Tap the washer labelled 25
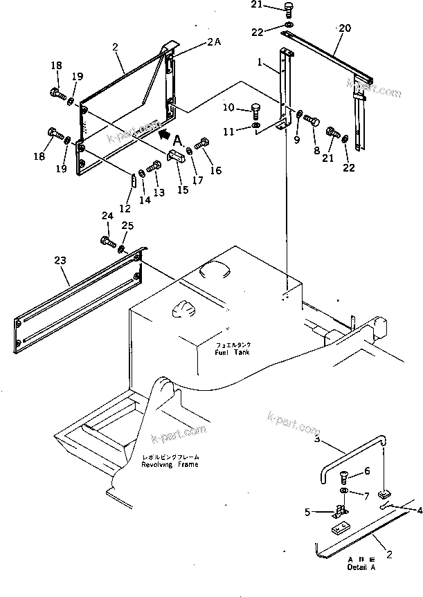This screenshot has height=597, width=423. coord(122,248)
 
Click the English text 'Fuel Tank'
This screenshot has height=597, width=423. coord(231,353)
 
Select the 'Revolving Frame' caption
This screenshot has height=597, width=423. coord(170,464)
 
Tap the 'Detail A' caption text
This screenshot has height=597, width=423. coord(362,567)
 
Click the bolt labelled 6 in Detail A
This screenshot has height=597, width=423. coord(348,478)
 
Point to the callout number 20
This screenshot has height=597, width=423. coord(344,28)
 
